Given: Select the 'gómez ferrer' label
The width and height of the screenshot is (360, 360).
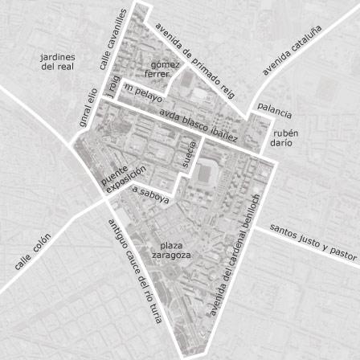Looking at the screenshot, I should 159,70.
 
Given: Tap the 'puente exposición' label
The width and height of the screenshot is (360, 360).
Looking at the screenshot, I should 124,179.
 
